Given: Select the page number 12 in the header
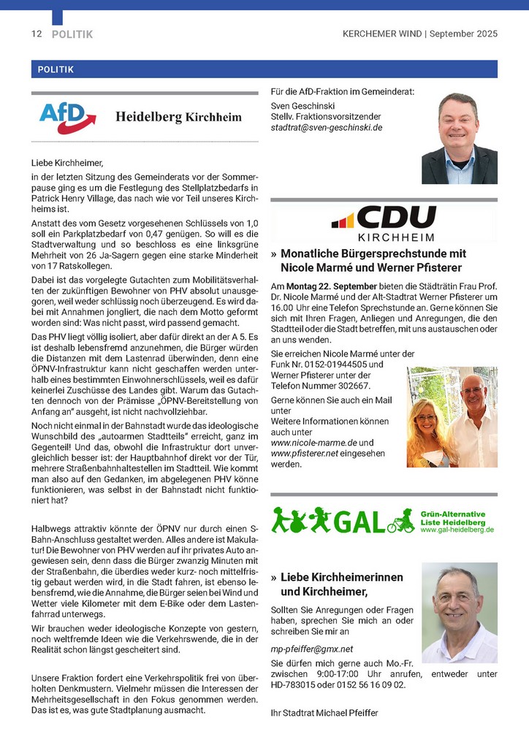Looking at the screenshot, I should [x=37, y=34].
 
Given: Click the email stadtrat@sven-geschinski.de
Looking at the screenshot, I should [x=326, y=127].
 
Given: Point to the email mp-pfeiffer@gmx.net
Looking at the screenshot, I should [x=311, y=649].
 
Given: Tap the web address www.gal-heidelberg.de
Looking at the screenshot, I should [x=457, y=530].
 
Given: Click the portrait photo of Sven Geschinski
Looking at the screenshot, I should [x=459, y=139].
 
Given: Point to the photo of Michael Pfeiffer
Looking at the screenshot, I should [x=459, y=612].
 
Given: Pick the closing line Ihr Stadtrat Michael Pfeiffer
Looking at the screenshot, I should [x=324, y=713].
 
